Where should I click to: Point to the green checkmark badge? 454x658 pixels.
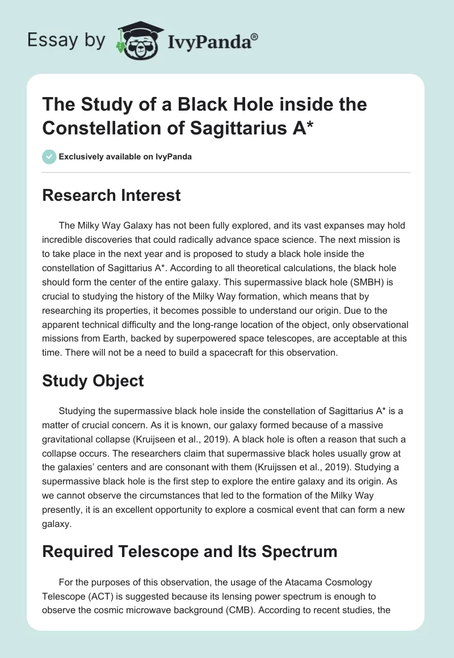(x=49, y=157)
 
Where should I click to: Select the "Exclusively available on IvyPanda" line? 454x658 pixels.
(x=125, y=157)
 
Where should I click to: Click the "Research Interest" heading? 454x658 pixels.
(x=111, y=195)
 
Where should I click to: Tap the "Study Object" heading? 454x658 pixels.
(x=93, y=381)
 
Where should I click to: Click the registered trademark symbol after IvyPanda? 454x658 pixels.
(x=255, y=37)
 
